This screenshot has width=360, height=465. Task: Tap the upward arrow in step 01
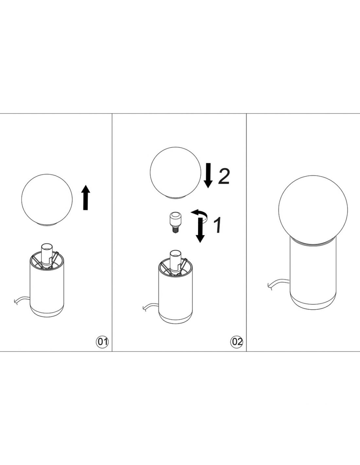pyautogui.click(x=86, y=198)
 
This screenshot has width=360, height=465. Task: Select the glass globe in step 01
pyautogui.click(x=47, y=200)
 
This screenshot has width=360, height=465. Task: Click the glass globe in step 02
pyautogui.click(x=175, y=173)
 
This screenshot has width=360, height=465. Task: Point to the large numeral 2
pyautogui.click(x=224, y=176)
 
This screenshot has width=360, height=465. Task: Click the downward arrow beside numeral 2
pyautogui.click(x=208, y=176)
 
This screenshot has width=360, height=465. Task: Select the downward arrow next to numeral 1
pyautogui.click(x=200, y=230)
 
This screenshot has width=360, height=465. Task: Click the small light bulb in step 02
pyautogui.click(x=174, y=223)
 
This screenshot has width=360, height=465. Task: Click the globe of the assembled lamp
pyautogui.click(x=313, y=210)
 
